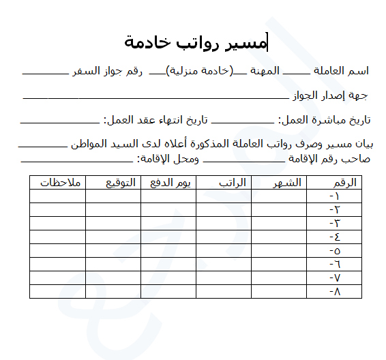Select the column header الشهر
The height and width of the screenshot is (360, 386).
(x=286, y=183)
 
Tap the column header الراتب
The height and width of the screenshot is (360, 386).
(x=232, y=183)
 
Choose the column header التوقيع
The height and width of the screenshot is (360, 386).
(x=120, y=183)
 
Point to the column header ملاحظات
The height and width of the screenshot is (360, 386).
(x=61, y=183)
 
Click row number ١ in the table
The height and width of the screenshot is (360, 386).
(x=334, y=196)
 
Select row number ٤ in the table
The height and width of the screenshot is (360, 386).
(x=334, y=237)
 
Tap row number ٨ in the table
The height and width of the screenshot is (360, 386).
(x=334, y=292)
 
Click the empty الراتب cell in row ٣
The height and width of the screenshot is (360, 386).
(x=224, y=224)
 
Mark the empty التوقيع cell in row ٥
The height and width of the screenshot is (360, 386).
(x=113, y=251)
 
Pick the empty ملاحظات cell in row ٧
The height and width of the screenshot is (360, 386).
(x=57, y=278)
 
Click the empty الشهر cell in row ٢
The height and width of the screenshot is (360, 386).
(x=279, y=210)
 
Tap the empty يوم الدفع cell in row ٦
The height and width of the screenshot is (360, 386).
(x=168, y=265)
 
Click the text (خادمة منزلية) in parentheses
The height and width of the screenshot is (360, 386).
(x=201, y=72)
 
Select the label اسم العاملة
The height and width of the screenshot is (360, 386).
(x=341, y=72)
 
